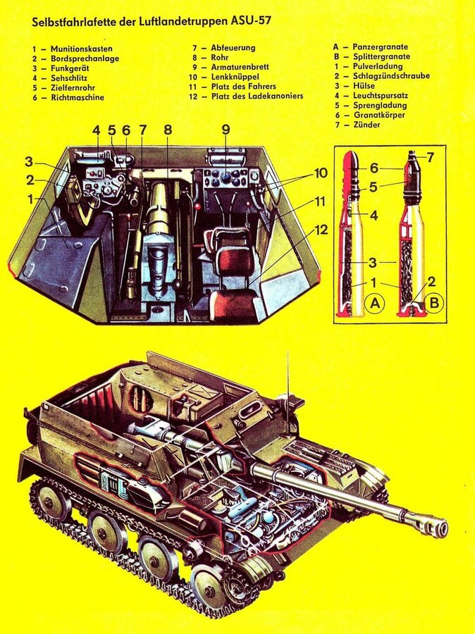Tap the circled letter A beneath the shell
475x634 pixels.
(x=374, y=304)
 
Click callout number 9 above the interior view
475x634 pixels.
(x=226, y=130)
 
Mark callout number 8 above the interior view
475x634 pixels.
(x=167, y=130)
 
